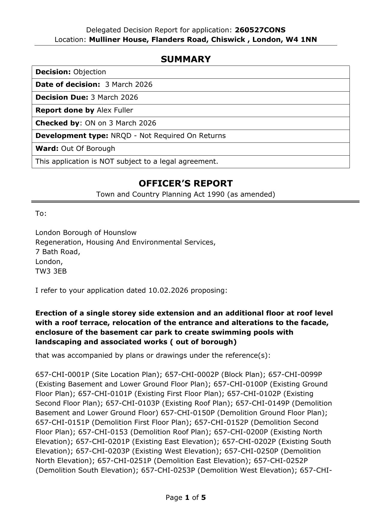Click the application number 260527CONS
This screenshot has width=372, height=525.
pyautogui.click(x=260, y=30)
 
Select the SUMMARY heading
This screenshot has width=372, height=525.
pyautogui.click(x=186, y=59)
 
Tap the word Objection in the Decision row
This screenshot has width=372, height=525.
pyautogui.click(x=90, y=72)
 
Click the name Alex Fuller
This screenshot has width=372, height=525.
pyautogui.click(x=115, y=110)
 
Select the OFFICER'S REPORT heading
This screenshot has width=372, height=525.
pyautogui.click(x=186, y=183)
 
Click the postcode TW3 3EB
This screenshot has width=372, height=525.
pyautogui.click(x=51, y=271)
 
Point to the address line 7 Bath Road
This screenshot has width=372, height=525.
pyautogui.click(x=58, y=252)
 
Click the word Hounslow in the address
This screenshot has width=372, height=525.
pyautogui.click(x=120, y=233)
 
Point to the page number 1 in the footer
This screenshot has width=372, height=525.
pyautogui.click(x=187, y=497)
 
